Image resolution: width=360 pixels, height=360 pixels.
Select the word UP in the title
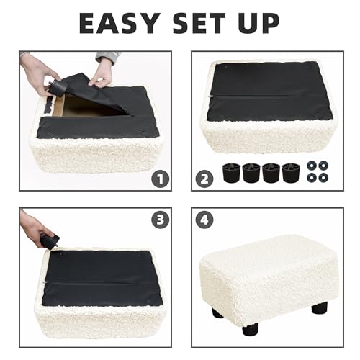pyautogui.click(x=260, y=23)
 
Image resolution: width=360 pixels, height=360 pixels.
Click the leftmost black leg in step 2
pyautogui.click(x=232, y=174)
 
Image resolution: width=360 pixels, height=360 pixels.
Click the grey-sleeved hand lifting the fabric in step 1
pyautogui.click(x=102, y=70)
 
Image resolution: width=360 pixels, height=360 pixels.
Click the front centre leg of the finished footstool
pyautogui.click(x=252, y=327)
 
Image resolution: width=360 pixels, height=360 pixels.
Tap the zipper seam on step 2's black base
pyautogui.click(x=270, y=95)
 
